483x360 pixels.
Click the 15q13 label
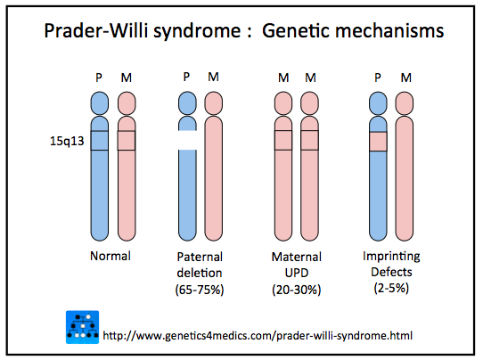(67, 141)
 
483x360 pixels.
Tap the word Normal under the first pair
(111, 256)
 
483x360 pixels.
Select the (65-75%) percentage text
(200, 290)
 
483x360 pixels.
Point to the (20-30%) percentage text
(297, 290)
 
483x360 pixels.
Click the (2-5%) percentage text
(391, 288)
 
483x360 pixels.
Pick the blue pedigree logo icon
(82, 327)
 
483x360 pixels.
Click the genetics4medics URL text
(258, 335)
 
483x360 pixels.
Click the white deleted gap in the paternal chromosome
(187, 140)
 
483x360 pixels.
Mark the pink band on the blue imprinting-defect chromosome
(378, 142)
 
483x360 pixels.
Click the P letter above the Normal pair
(99, 78)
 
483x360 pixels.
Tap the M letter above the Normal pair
(127, 78)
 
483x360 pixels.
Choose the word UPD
(297, 273)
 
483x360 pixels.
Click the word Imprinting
(391, 257)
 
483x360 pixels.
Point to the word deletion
(200, 273)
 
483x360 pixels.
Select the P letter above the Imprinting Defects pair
(378, 78)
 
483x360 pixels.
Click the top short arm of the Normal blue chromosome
(100, 103)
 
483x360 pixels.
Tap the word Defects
(391, 272)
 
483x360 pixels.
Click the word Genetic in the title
(295, 31)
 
